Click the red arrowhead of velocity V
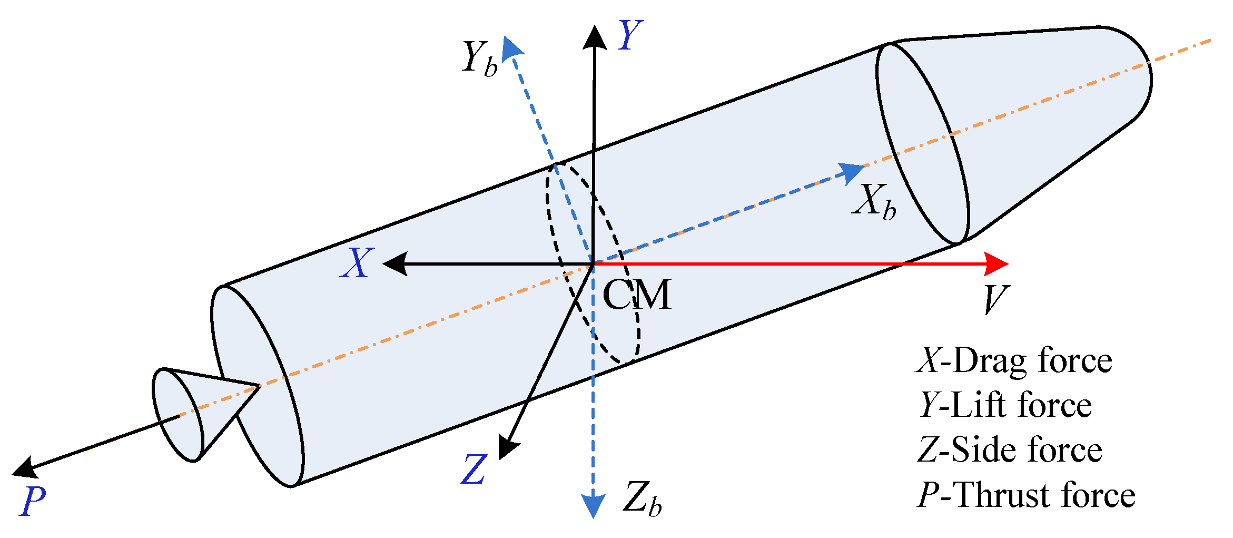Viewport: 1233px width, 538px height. [995, 263]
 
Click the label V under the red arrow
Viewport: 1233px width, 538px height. [995, 299]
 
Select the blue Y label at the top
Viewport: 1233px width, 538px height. [630, 35]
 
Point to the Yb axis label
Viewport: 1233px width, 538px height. [479, 58]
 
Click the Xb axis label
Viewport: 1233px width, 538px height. [874, 202]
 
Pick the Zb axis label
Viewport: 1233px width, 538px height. [642, 498]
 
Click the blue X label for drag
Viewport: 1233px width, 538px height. [357, 263]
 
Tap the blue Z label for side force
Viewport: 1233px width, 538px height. [474, 469]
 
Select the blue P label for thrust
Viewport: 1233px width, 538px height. [33, 501]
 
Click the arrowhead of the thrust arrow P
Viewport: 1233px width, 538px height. [24, 467]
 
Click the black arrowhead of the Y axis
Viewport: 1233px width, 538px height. [595, 38]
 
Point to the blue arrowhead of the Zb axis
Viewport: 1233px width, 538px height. [594, 506]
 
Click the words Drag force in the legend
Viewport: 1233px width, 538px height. [1032, 361]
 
